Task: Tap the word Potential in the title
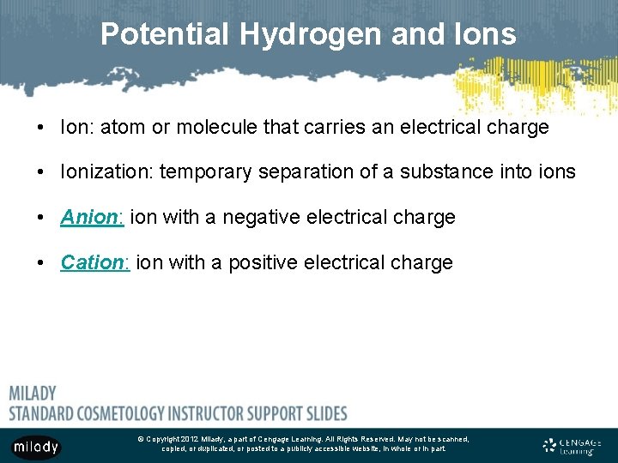[x=165, y=34]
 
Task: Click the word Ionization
[x=106, y=172]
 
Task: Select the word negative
[x=262, y=218]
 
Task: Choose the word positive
[x=259, y=262]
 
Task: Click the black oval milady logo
[x=36, y=446]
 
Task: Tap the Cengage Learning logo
[x=573, y=445]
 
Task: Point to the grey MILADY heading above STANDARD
[x=33, y=394]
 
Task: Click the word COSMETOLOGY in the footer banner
[x=134, y=413]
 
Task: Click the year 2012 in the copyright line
[x=189, y=439]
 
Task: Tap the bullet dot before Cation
[x=41, y=262]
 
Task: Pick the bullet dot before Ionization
[x=41, y=172]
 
